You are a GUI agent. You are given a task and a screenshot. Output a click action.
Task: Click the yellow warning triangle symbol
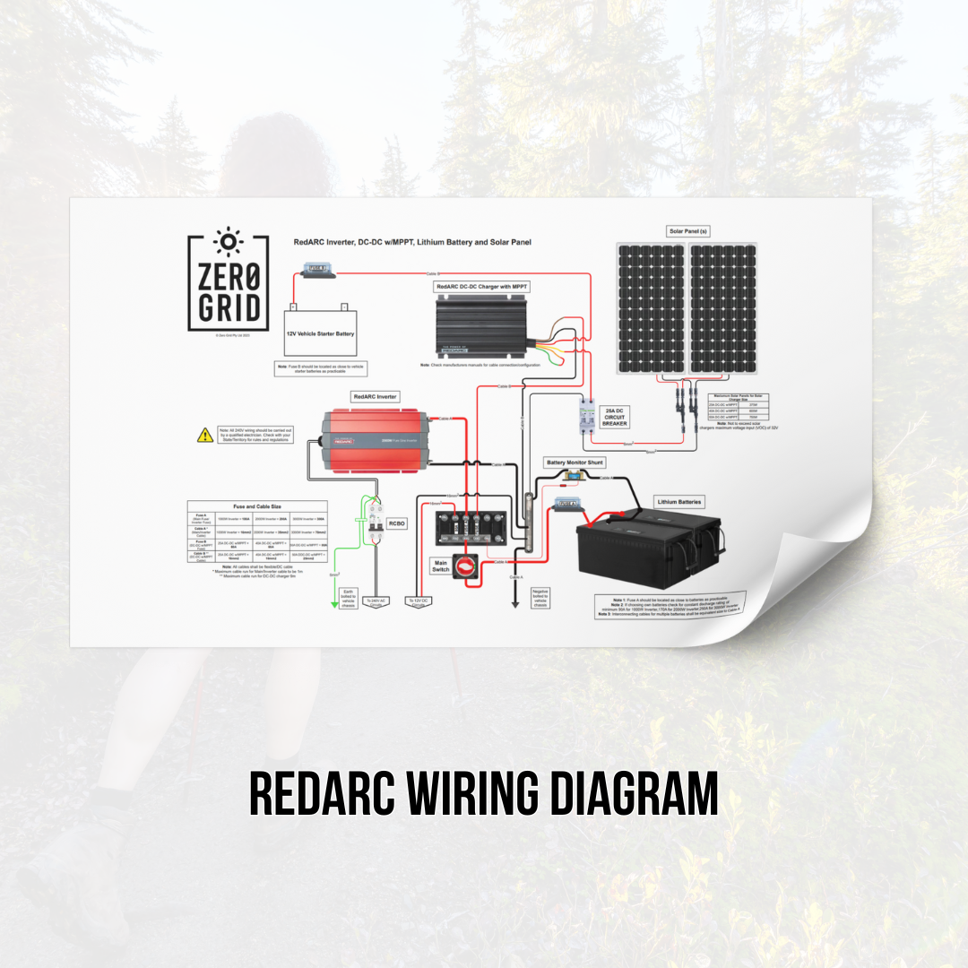point(204,436)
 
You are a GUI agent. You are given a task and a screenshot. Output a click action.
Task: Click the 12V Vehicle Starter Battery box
point(321,333)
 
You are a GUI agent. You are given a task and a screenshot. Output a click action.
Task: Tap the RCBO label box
point(394,524)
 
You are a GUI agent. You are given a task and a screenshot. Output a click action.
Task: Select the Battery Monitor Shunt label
point(575,462)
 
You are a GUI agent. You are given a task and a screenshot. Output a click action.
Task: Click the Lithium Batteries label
point(678,502)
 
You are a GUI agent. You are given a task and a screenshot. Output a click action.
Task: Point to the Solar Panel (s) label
point(688,231)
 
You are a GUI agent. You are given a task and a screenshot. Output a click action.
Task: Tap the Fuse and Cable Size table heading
point(256,506)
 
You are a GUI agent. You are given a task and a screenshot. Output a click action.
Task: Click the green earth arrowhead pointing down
point(334,607)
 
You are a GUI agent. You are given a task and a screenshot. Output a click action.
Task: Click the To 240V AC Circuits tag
point(377,602)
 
